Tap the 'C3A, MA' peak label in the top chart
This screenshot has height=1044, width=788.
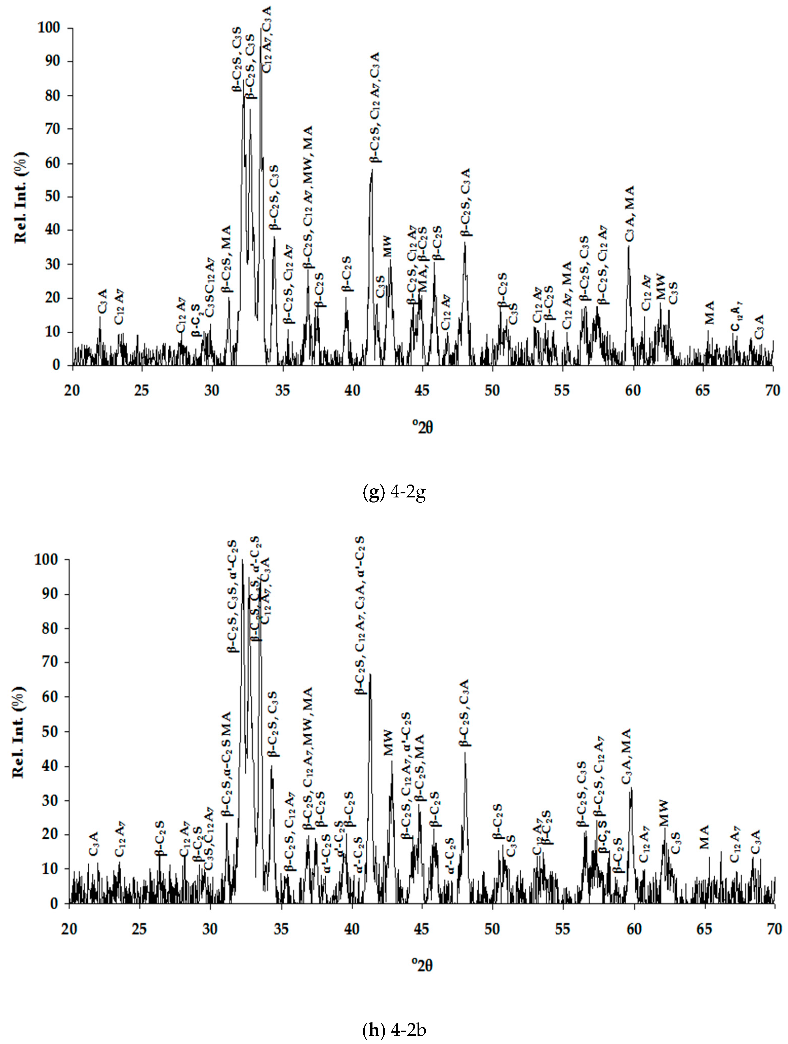coord(630,214)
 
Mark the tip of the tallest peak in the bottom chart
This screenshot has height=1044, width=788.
coord(242,560)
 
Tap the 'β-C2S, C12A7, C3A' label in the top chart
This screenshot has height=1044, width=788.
coord(375,108)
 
